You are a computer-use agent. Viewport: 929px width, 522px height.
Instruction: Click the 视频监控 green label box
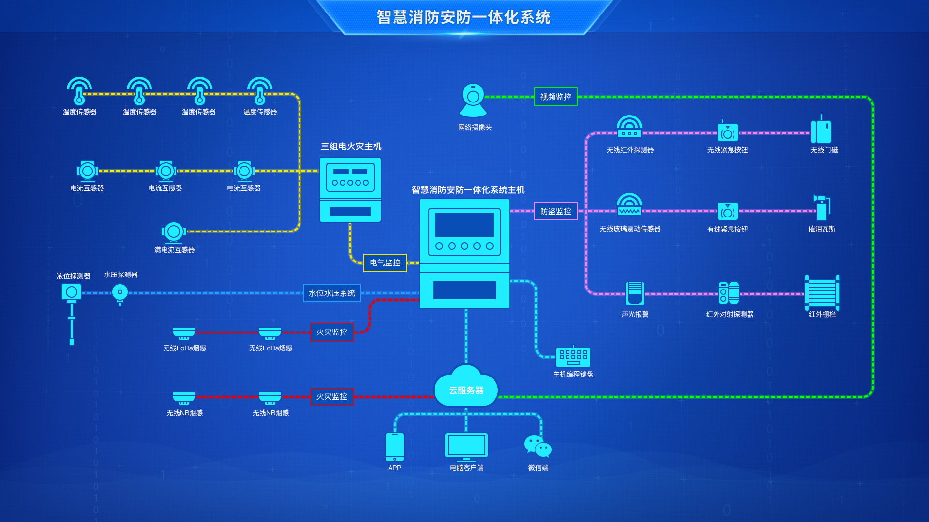point(555,97)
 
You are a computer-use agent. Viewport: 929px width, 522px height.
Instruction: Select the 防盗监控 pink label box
point(555,211)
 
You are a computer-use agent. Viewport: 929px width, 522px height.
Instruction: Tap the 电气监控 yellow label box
point(385,262)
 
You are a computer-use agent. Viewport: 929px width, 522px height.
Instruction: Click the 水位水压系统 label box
point(331,293)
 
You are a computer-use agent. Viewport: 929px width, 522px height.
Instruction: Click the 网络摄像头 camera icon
point(473,101)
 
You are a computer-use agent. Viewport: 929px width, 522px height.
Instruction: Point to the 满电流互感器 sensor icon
point(174,232)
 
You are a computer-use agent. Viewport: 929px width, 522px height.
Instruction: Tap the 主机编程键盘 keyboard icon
point(573,357)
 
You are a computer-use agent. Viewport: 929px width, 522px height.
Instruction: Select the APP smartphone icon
point(394,447)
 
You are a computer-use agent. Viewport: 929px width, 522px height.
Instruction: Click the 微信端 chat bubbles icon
point(538,446)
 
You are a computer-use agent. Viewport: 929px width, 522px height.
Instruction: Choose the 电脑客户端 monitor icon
point(466,446)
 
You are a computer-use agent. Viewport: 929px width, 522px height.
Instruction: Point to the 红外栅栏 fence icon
point(822,293)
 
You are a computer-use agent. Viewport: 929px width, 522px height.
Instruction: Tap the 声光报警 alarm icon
point(634,293)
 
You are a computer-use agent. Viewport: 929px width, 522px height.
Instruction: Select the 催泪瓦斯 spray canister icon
point(822,208)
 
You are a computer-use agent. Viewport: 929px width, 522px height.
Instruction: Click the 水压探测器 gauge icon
point(120,292)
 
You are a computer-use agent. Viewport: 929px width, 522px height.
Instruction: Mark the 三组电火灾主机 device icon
point(350,189)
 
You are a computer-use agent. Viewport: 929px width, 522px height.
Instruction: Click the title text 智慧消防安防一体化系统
point(464,17)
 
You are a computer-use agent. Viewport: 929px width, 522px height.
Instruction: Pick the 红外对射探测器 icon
point(729,293)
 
